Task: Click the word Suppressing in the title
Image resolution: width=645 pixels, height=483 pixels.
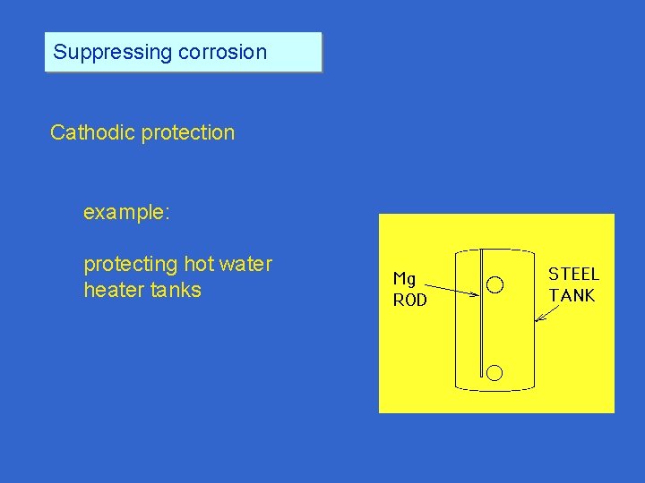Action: pos(113,52)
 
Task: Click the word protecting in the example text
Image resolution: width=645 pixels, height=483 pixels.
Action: pos(131,265)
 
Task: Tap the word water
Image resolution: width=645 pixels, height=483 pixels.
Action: pos(247,265)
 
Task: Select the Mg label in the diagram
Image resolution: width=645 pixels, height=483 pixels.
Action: pos(405,279)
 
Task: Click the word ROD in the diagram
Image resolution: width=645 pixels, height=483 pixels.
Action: pos(410,301)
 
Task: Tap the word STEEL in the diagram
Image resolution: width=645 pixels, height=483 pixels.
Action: pos(573,275)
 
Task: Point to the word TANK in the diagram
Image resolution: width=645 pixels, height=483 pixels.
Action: pos(572,295)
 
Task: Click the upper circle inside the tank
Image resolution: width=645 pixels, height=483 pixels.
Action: pos(494,285)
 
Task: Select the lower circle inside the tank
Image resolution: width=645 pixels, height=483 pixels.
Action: pos(494,372)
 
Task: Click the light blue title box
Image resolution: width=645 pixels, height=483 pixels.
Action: pos(183,52)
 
